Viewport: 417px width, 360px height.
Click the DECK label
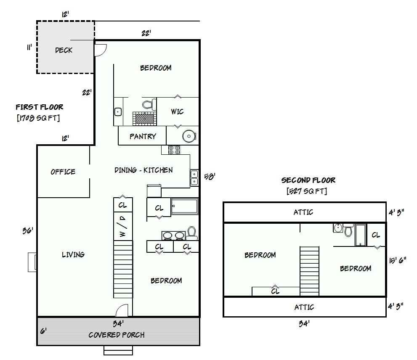(x=64, y=50)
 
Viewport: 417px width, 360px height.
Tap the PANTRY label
(x=143, y=136)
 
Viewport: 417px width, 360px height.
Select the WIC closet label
(x=177, y=111)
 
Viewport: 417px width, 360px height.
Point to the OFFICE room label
(x=63, y=172)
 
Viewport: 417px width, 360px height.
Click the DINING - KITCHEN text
(x=143, y=170)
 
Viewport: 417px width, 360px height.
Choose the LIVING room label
(x=73, y=254)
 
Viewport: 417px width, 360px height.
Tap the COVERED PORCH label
(x=117, y=335)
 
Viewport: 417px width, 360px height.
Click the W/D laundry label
(x=122, y=226)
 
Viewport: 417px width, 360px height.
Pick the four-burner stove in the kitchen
(x=174, y=150)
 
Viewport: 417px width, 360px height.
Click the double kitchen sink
(x=194, y=177)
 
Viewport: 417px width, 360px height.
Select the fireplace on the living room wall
(x=32, y=262)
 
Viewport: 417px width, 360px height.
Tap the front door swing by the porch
(x=122, y=310)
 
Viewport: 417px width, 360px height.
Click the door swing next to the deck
(x=101, y=50)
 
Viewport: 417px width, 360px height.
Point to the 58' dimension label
(x=210, y=177)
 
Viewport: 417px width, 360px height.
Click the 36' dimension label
(x=28, y=230)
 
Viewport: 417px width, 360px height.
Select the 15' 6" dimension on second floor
(x=398, y=260)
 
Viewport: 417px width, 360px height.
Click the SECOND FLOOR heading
(x=308, y=180)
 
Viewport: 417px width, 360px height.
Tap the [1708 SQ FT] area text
(x=38, y=117)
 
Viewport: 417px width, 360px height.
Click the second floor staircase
(x=309, y=271)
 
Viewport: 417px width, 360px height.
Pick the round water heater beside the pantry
(x=189, y=136)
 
